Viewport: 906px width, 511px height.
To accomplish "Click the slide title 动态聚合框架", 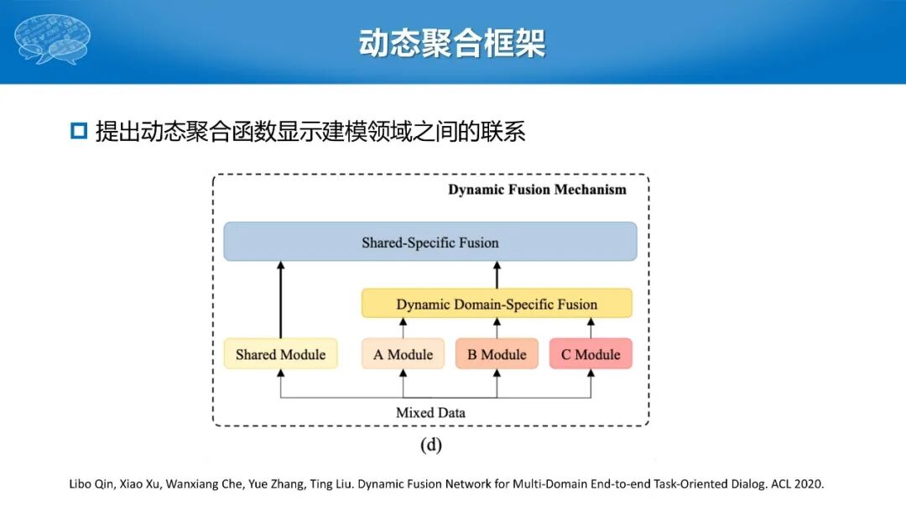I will point(452,43).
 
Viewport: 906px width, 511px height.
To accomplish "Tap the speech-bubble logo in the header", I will point(52,39).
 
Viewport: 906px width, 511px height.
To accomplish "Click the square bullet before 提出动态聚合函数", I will point(79,131).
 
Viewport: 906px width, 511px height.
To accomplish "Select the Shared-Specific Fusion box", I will point(430,242).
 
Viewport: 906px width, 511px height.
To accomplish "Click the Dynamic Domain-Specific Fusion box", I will point(497,304).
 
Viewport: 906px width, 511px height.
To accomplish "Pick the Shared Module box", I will point(280,354).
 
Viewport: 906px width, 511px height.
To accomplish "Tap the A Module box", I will point(403,354).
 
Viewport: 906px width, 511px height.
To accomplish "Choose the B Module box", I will point(497,354).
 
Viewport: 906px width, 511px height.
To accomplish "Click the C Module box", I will point(591,354).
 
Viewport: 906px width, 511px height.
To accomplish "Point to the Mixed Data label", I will point(430,412).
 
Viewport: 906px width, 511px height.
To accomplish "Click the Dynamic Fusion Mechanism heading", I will point(537,190).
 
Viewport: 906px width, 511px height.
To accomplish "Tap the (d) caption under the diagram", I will point(430,445).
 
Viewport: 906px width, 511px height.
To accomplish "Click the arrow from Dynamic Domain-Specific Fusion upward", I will point(497,275).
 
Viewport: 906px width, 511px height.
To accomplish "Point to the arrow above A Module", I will point(403,328).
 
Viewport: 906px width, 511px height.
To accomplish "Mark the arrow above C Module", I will point(591,328).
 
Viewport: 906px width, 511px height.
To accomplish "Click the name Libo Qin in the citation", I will point(90,484).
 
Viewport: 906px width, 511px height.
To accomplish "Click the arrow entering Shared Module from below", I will point(280,382).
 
